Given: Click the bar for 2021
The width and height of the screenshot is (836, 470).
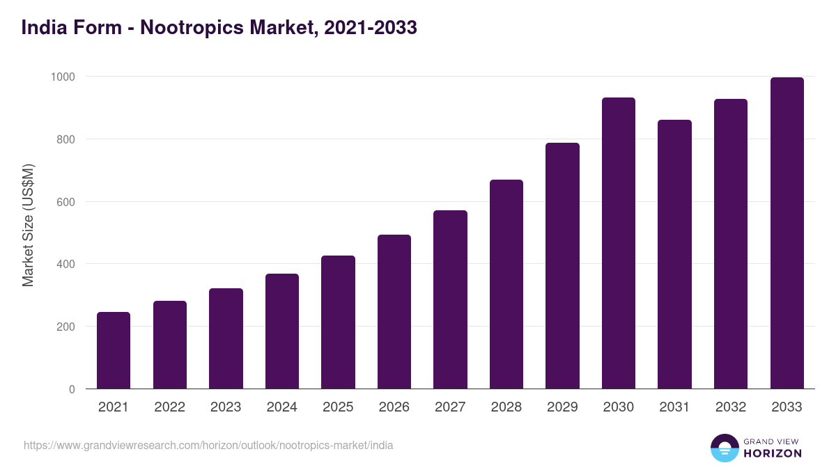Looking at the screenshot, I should tap(114, 350).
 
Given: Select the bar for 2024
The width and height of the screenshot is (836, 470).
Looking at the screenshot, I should tap(282, 331).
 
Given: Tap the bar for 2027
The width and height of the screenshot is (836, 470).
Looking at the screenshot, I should tap(450, 299).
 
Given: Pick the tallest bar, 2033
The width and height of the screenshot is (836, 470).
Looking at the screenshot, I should tap(787, 233).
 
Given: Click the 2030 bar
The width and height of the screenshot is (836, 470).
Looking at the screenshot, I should tap(619, 243).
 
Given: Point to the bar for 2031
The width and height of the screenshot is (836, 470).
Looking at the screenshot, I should tap(674, 254).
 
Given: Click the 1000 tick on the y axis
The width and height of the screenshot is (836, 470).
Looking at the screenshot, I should tap(62, 77).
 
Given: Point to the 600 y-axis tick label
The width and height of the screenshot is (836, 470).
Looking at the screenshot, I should tap(65, 202).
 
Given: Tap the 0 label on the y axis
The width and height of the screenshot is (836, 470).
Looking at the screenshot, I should tap(72, 389).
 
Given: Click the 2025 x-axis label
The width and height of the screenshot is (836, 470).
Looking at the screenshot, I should tap(338, 407).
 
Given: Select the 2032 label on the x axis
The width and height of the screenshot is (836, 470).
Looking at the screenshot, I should tap(731, 407).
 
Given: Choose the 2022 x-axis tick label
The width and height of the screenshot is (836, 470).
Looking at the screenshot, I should tap(170, 407).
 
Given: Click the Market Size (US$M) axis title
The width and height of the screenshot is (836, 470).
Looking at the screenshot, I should tap(28, 226).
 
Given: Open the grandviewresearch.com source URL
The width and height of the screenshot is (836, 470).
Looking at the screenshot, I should tap(208, 445).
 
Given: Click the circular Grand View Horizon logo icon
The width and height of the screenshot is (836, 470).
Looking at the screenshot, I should tap(725, 448).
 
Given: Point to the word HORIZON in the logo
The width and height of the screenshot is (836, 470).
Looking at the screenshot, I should tap(772, 453).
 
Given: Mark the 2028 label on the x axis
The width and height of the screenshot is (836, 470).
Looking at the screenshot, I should tap(506, 407).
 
